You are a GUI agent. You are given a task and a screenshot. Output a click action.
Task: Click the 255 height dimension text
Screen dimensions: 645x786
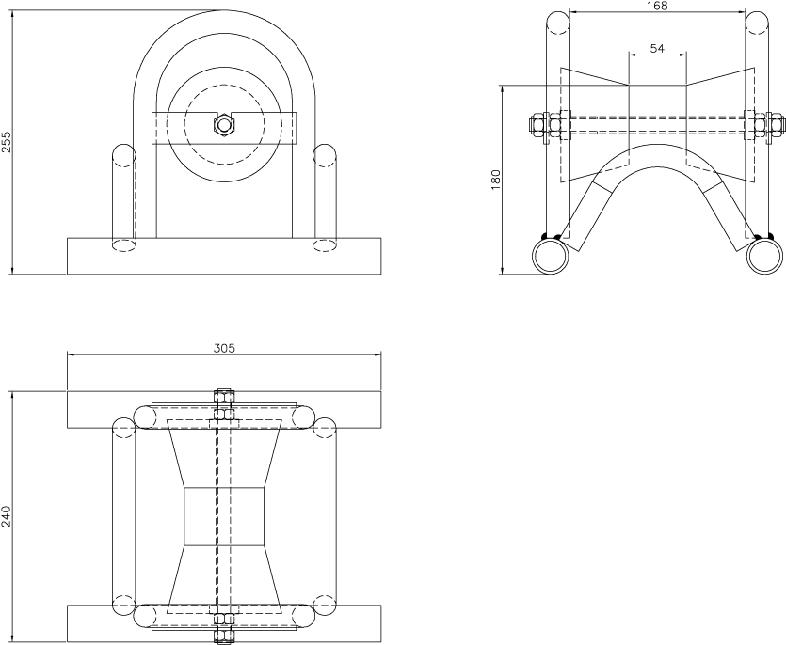[x=7, y=141]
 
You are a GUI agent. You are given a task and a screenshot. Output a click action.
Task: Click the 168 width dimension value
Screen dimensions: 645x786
[x=658, y=7]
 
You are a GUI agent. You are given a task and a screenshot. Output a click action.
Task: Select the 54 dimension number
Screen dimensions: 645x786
[x=658, y=47]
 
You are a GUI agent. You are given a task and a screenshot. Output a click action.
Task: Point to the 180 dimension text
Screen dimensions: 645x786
[x=496, y=180]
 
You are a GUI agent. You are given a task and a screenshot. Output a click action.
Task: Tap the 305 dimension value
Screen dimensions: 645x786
[x=224, y=347]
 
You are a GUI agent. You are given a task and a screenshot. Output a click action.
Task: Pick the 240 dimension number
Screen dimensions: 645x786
[x=7, y=516]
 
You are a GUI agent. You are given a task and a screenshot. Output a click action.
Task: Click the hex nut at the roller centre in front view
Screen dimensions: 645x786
[x=223, y=125]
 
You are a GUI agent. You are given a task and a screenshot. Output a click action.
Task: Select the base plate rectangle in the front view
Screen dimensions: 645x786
[x=224, y=256]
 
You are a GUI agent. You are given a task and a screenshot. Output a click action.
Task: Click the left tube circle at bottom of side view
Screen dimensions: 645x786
[x=550, y=254]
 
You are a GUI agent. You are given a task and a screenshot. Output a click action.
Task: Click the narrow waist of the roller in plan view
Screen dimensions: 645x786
[x=224, y=516]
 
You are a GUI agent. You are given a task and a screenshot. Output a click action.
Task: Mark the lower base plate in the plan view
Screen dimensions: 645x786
[x=94, y=623]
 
